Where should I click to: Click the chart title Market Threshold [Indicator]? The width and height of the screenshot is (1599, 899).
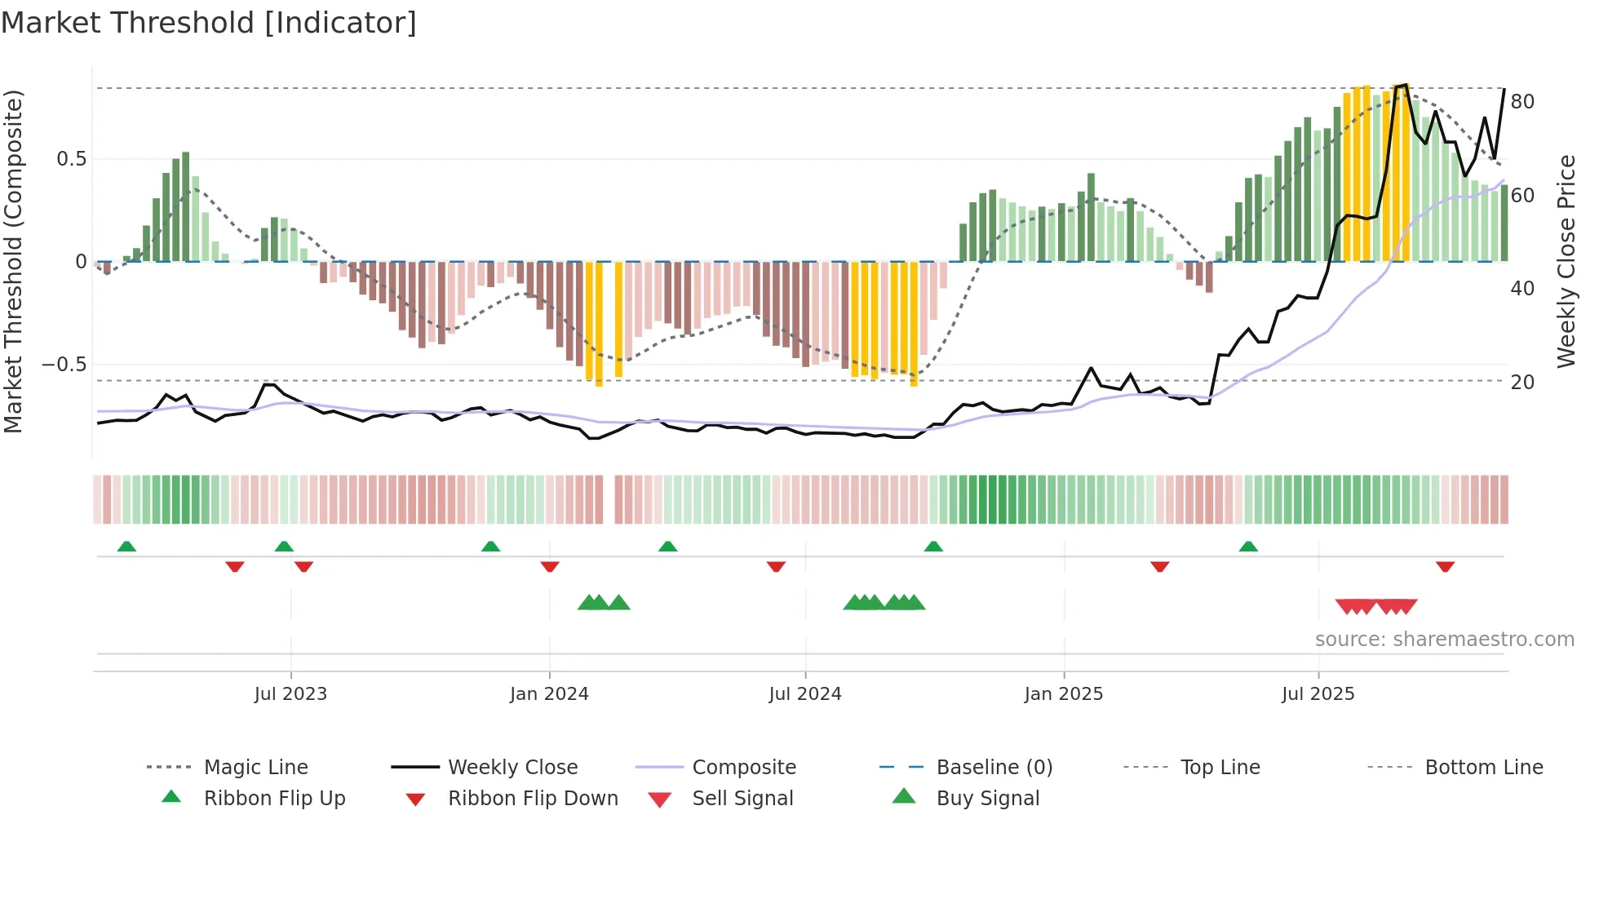[x=209, y=23]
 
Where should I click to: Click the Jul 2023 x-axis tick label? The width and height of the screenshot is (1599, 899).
[x=290, y=694]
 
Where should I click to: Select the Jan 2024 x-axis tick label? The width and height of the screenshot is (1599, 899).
[x=549, y=694]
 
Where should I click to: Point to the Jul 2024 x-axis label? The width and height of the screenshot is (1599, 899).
[x=804, y=694]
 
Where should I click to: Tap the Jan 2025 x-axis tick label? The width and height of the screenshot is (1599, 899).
[x=1064, y=694]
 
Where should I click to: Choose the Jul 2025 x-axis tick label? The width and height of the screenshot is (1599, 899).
[x=1318, y=694]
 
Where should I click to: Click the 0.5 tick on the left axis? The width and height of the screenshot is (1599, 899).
[x=72, y=159]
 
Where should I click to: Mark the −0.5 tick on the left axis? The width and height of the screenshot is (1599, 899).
[x=64, y=365]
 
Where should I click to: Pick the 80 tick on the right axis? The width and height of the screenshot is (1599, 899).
[x=1522, y=102]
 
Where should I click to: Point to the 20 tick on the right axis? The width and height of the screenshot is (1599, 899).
[x=1522, y=382]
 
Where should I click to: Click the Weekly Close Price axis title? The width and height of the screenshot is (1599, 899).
[x=1566, y=261]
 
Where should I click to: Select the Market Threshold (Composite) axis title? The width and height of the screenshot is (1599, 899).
[x=13, y=261]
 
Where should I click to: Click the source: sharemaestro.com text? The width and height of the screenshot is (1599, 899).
[x=1444, y=640]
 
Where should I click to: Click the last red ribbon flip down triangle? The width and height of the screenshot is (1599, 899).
[x=1445, y=566]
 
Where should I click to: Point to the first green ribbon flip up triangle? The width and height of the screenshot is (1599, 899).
[x=126, y=547]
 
